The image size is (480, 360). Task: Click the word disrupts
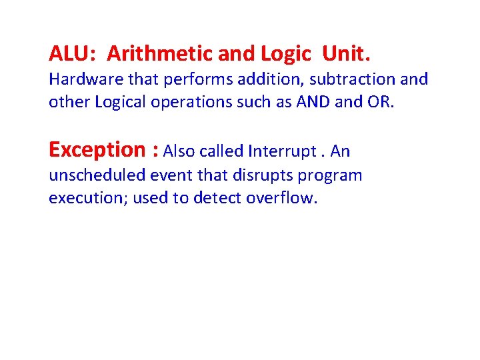click(263, 175)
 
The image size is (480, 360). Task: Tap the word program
click(331, 175)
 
